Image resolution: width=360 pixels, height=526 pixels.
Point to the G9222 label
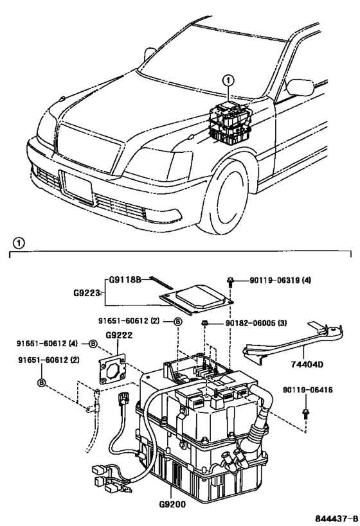click(x=118, y=334)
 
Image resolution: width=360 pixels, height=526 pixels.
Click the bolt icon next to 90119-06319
click(x=230, y=281)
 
